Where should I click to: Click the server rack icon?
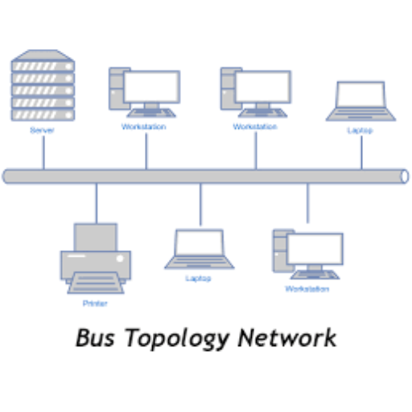click(43, 85)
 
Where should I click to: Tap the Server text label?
click(42, 130)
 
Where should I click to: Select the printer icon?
click(96, 258)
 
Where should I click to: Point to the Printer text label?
click(95, 303)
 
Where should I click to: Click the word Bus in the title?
click(95, 338)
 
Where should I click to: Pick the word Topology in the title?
click(177, 340)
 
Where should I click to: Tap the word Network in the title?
click(286, 338)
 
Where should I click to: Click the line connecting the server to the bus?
click(43, 153)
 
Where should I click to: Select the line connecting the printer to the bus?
click(97, 204)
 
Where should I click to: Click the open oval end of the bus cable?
click(405, 176)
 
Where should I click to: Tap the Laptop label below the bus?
click(198, 278)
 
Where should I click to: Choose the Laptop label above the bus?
click(360, 130)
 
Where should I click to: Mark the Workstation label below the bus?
click(307, 289)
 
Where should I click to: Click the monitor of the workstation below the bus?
click(315, 249)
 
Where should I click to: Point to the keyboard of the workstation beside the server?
click(151, 113)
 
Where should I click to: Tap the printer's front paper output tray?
click(96, 282)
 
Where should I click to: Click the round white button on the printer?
click(120, 258)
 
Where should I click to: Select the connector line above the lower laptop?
click(200, 204)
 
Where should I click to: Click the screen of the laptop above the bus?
click(360, 94)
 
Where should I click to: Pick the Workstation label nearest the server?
click(144, 126)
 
